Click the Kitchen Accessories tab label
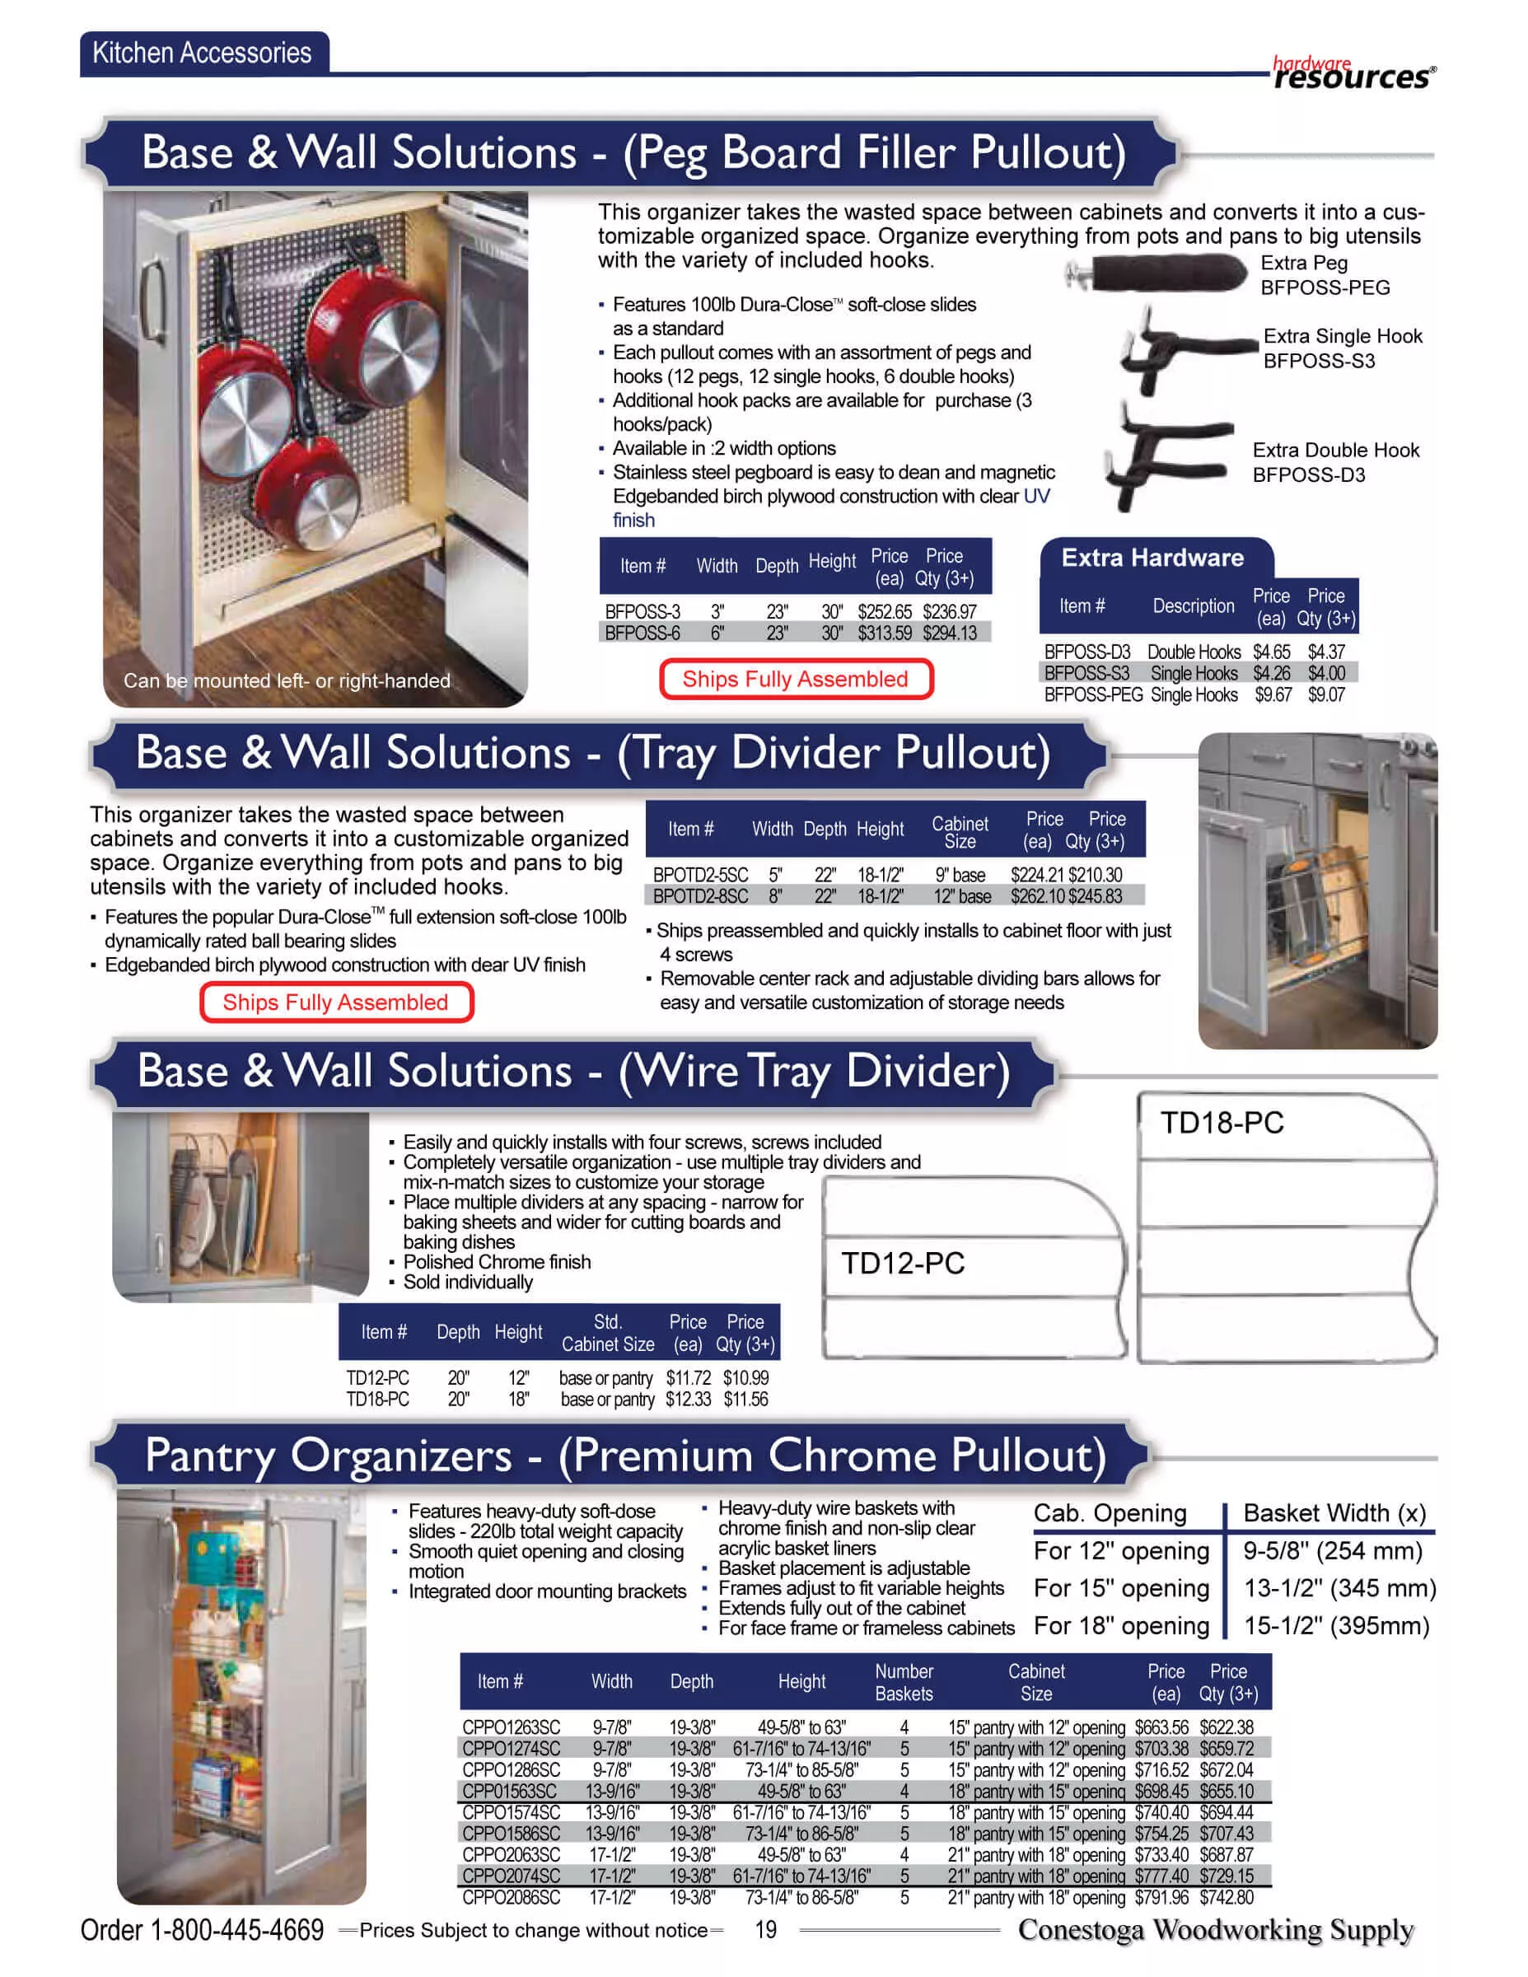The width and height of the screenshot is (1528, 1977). [x=202, y=53]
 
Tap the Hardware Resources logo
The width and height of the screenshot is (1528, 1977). [x=1353, y=72]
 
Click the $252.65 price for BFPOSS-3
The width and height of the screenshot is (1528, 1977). [x=885, y=612]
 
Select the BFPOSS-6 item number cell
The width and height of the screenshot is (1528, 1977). [x=642, y=633]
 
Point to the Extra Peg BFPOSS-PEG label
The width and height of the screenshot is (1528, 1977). [x=1325, y=275]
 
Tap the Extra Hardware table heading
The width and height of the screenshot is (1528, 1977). [x=1152, y=558]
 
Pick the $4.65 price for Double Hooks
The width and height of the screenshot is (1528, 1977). [x=1271, y=652]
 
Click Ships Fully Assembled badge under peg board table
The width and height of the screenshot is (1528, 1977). [x=795, y=679]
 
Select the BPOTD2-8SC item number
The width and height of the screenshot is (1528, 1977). [x=699, y=896]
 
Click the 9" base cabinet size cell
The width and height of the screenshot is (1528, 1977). [x=960, y=876]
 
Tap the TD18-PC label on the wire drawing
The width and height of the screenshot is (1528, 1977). [x=1222, y=1123]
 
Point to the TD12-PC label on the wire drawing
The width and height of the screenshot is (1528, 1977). [x=903, y=1263]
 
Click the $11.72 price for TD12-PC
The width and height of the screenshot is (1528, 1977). [x=688, y=1378]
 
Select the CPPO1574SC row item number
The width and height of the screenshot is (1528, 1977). [x=511, y=1812]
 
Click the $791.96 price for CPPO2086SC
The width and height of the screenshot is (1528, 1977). [x=1161, y=1897]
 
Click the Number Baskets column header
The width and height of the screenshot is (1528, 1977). [x=904, y=1682]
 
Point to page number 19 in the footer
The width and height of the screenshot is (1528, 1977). [x=765, y=1930]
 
